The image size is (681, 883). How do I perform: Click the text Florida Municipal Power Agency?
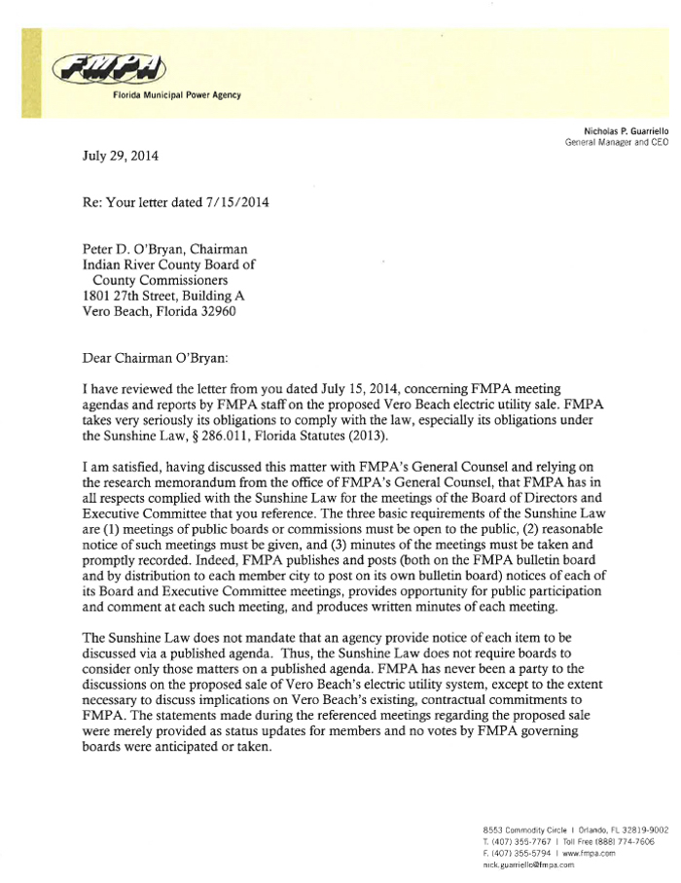[x=177, y=94]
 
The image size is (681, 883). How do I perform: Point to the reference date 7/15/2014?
[x=233, y=203]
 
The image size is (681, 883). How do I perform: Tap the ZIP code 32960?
[x=213, y=312]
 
